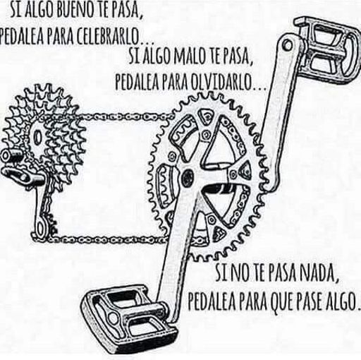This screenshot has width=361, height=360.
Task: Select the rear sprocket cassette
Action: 44,136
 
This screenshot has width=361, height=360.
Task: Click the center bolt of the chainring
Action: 188,175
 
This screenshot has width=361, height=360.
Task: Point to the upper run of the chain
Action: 125,116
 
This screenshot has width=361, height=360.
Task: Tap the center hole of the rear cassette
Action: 37,137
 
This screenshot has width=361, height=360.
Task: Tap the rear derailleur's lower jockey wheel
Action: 41,228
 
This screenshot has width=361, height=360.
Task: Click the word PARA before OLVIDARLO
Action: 175,82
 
